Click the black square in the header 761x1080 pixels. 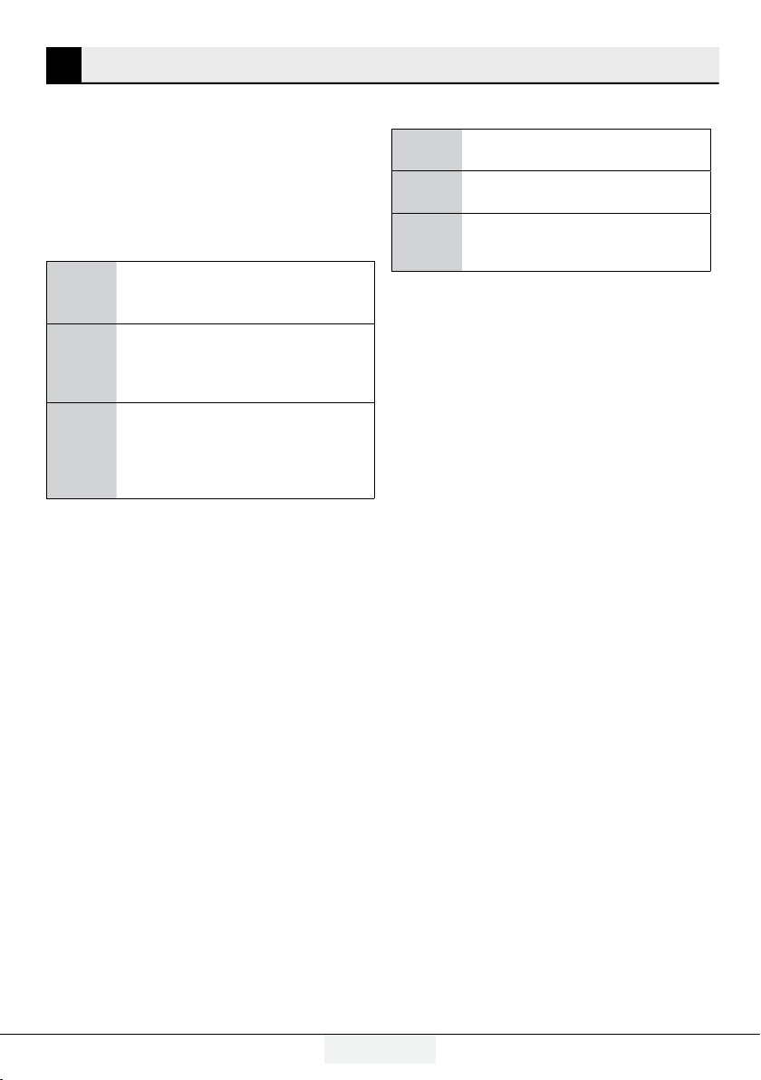coord(63,64)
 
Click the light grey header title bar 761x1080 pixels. coord(400,64)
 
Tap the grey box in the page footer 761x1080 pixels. coord(380,1048)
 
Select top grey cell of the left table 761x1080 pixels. coord(82,293)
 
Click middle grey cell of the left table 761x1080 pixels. coord(82,363)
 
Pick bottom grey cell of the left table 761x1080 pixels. coord(82,450)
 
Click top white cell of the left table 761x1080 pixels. coord(245,293)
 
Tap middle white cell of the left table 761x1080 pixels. coord(245,363)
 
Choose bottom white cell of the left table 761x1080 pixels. coord(245,450)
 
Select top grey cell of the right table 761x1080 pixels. coord(427,149)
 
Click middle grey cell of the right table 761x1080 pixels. coord(427,190)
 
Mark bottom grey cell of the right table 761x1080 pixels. coord(427,241)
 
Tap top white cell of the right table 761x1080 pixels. coord(585,149)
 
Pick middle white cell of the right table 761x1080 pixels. coord(585,190)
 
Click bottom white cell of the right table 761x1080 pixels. coord(585,241)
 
